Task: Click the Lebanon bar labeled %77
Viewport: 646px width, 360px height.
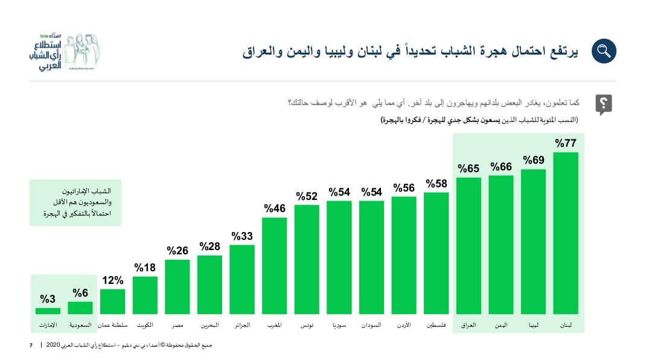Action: tap(566, 233)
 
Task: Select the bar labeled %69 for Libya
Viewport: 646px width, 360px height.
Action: tap(533, 242)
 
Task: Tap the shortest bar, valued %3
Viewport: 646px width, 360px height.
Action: tap(48, 311)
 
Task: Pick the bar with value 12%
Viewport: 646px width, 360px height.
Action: tap(113, 301)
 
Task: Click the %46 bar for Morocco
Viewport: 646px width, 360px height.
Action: tap(275, 266)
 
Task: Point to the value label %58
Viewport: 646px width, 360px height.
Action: tap(437, 184)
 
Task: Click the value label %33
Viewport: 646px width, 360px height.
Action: tap(242, 236)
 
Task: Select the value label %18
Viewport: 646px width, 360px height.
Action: tap(145, 268)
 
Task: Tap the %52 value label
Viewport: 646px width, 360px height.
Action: tap(307, 196)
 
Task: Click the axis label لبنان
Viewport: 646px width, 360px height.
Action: tap(566, 326)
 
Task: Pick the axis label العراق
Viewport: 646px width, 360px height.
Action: tap(469, 326)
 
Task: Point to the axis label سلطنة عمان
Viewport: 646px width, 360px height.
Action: tap(112, 326)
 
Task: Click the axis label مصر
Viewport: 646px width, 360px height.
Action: tap(177, 326)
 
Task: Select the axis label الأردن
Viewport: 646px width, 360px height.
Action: tap(404, 326)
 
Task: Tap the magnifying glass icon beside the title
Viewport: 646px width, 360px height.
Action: tap(603, 51)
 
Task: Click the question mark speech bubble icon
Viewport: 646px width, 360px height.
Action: tap(603, 104)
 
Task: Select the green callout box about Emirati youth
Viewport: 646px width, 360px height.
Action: tap(75, 202)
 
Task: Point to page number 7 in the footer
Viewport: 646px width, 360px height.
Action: tap(31, 345)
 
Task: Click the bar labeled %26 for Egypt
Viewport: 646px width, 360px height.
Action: tap(177, 287)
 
